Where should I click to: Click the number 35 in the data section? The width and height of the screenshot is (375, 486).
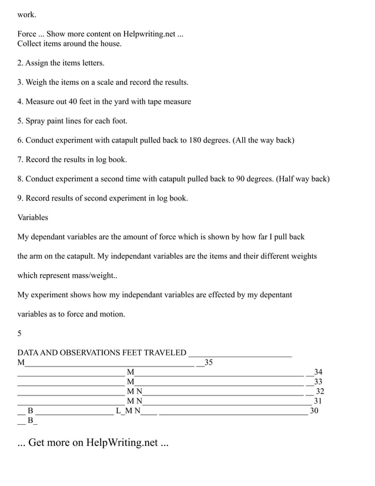(x=208, y=362)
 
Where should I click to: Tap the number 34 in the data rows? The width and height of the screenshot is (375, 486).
(x=318, y=372)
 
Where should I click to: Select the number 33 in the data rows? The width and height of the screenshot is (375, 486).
(x=318, y=382)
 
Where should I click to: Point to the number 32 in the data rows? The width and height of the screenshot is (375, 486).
(x=320, y=391)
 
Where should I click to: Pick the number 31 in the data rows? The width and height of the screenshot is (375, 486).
(x=318, y=401)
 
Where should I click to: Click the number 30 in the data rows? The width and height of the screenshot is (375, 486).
(x=314, y=411)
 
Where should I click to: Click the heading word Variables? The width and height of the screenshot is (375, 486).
(x=33, y=217)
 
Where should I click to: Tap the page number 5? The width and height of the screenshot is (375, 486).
(x=19, y=333)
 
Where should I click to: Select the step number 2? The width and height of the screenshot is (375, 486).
(x=19, y=63)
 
